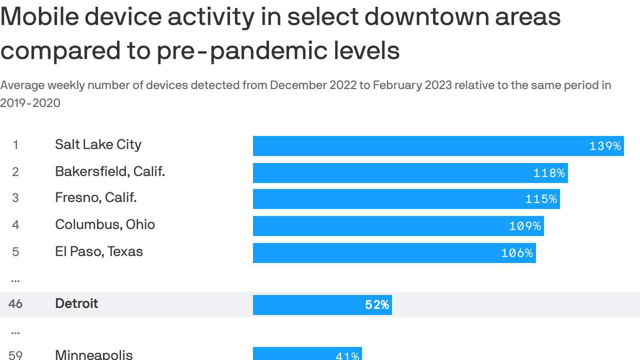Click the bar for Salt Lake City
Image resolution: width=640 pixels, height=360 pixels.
pyautogui.click(x=422, y=146)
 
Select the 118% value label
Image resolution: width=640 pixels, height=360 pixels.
pyautogui.click(x=549, y=173)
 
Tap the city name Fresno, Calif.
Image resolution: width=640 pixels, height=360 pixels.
pyautogui.click(x=96, y=197)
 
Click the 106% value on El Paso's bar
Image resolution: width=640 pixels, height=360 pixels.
pyautogui.click(x=517, y=253)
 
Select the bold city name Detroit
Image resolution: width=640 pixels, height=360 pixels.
pyautogui.click(x=76, y=303)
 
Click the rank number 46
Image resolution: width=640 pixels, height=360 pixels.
pyautogui.click(x=15, y=304)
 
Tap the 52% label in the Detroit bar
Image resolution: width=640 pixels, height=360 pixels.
pyautogui.click(x=377, y=305)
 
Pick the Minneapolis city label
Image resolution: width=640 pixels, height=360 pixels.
pyautogui.click(x=94, y=354)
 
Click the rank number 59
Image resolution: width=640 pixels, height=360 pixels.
pyautogui.click(x=15, y=355)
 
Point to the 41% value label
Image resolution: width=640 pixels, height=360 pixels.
pyautogui.click(x=347, y=356)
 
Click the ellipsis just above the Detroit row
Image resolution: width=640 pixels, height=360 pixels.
pyautogui.click(x=15, y=280)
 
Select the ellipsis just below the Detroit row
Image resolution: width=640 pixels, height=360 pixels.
pyautogui.click(x=15, y=332)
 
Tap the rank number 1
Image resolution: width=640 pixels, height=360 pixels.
pyautogui.click(x=15, y=145)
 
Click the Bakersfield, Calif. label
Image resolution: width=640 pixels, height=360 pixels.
pyautogui.click(x=110, y=171)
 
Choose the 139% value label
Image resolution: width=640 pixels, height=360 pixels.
pyautogui.click(x=605, y=146)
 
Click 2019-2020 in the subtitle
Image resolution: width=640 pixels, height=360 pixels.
pyautogui.click(x=30, y=103)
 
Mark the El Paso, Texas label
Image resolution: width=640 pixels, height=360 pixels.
pyautogui.click(x=99, y=251)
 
